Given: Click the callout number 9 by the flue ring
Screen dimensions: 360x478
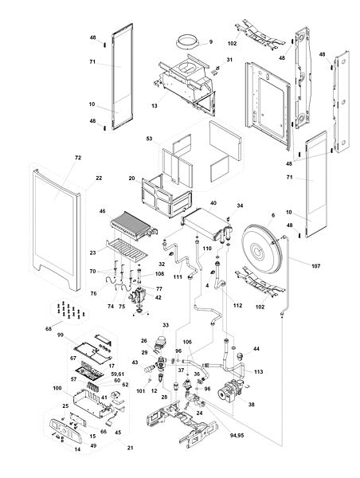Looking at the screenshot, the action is [x=210, y=41].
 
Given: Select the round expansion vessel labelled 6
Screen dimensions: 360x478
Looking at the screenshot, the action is [x=264, y=249].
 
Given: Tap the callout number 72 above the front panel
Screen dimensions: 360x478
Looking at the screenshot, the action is [x=78, y=158].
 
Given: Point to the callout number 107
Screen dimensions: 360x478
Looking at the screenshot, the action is [x=316, y=266].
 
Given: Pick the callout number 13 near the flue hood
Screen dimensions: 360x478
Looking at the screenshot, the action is [x=155, y=106].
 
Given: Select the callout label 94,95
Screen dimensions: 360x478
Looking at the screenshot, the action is [x=237, y=435].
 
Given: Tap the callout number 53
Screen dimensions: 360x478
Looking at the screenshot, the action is [x=149, y=139].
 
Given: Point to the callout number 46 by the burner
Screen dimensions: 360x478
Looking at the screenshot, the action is [x=102, y=210].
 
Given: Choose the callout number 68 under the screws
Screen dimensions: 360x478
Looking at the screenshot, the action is [x=49, y=328].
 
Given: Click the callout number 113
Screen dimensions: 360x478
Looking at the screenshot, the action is [x=258, y=371].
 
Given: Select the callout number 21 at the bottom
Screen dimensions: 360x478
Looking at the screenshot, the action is [x=130, y=448].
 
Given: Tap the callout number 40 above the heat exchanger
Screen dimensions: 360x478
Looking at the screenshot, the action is [x=213, y=203].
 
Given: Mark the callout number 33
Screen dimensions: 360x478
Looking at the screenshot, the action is [x=166, y=325].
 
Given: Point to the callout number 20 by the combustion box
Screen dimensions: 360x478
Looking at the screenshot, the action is [x=131, y=178].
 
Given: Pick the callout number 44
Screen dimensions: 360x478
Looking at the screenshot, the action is [x=256, y=348].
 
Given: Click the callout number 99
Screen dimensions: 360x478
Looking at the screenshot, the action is [x=61, y=335].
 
